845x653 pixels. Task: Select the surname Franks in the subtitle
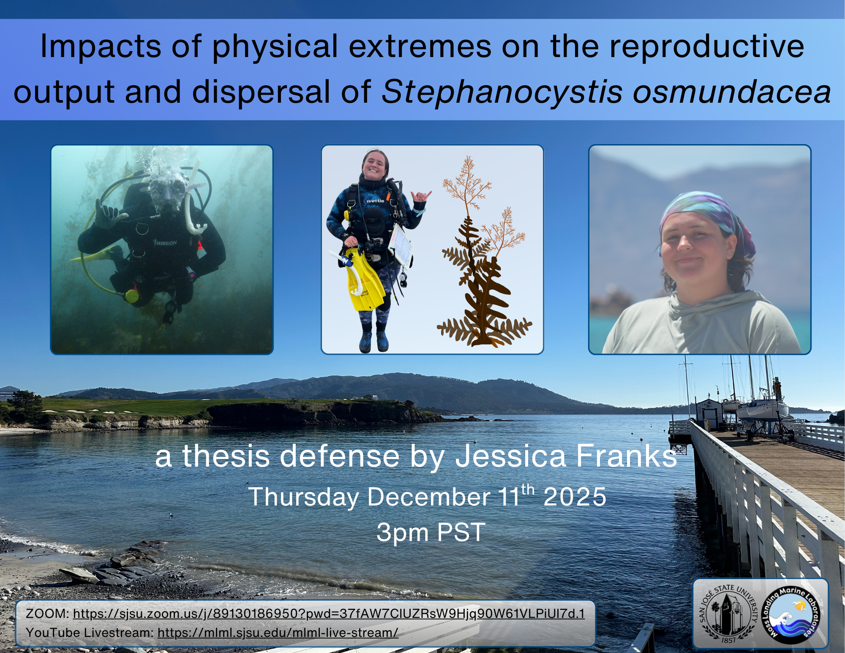(x=627, y=456)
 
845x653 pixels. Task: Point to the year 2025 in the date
(x=575, y=497)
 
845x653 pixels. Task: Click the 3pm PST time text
(x=431, y=533)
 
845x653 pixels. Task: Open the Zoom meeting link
(x=329, y=614)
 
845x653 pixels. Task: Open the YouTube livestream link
(x=278, y=633)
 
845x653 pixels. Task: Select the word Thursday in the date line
(x=303, y=497)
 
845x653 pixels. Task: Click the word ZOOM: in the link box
(x=47, y=614)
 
